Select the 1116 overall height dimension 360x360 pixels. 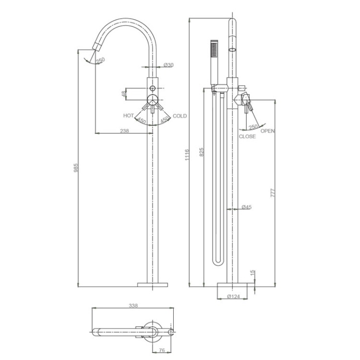[187, 154]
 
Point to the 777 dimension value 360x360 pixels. [273, 193]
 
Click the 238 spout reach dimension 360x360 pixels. [124, 131]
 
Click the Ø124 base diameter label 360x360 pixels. [235, 296]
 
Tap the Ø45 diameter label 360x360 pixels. [247, 207]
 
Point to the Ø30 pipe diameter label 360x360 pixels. [169, 65]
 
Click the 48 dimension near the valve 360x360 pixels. [124, 94]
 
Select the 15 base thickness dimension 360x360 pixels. [252, 273]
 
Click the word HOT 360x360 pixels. [129, 116]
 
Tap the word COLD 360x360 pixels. [180, 116]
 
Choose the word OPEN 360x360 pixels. [267, 131]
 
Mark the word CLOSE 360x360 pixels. [247, 137]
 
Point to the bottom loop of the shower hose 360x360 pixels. [218, 263]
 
